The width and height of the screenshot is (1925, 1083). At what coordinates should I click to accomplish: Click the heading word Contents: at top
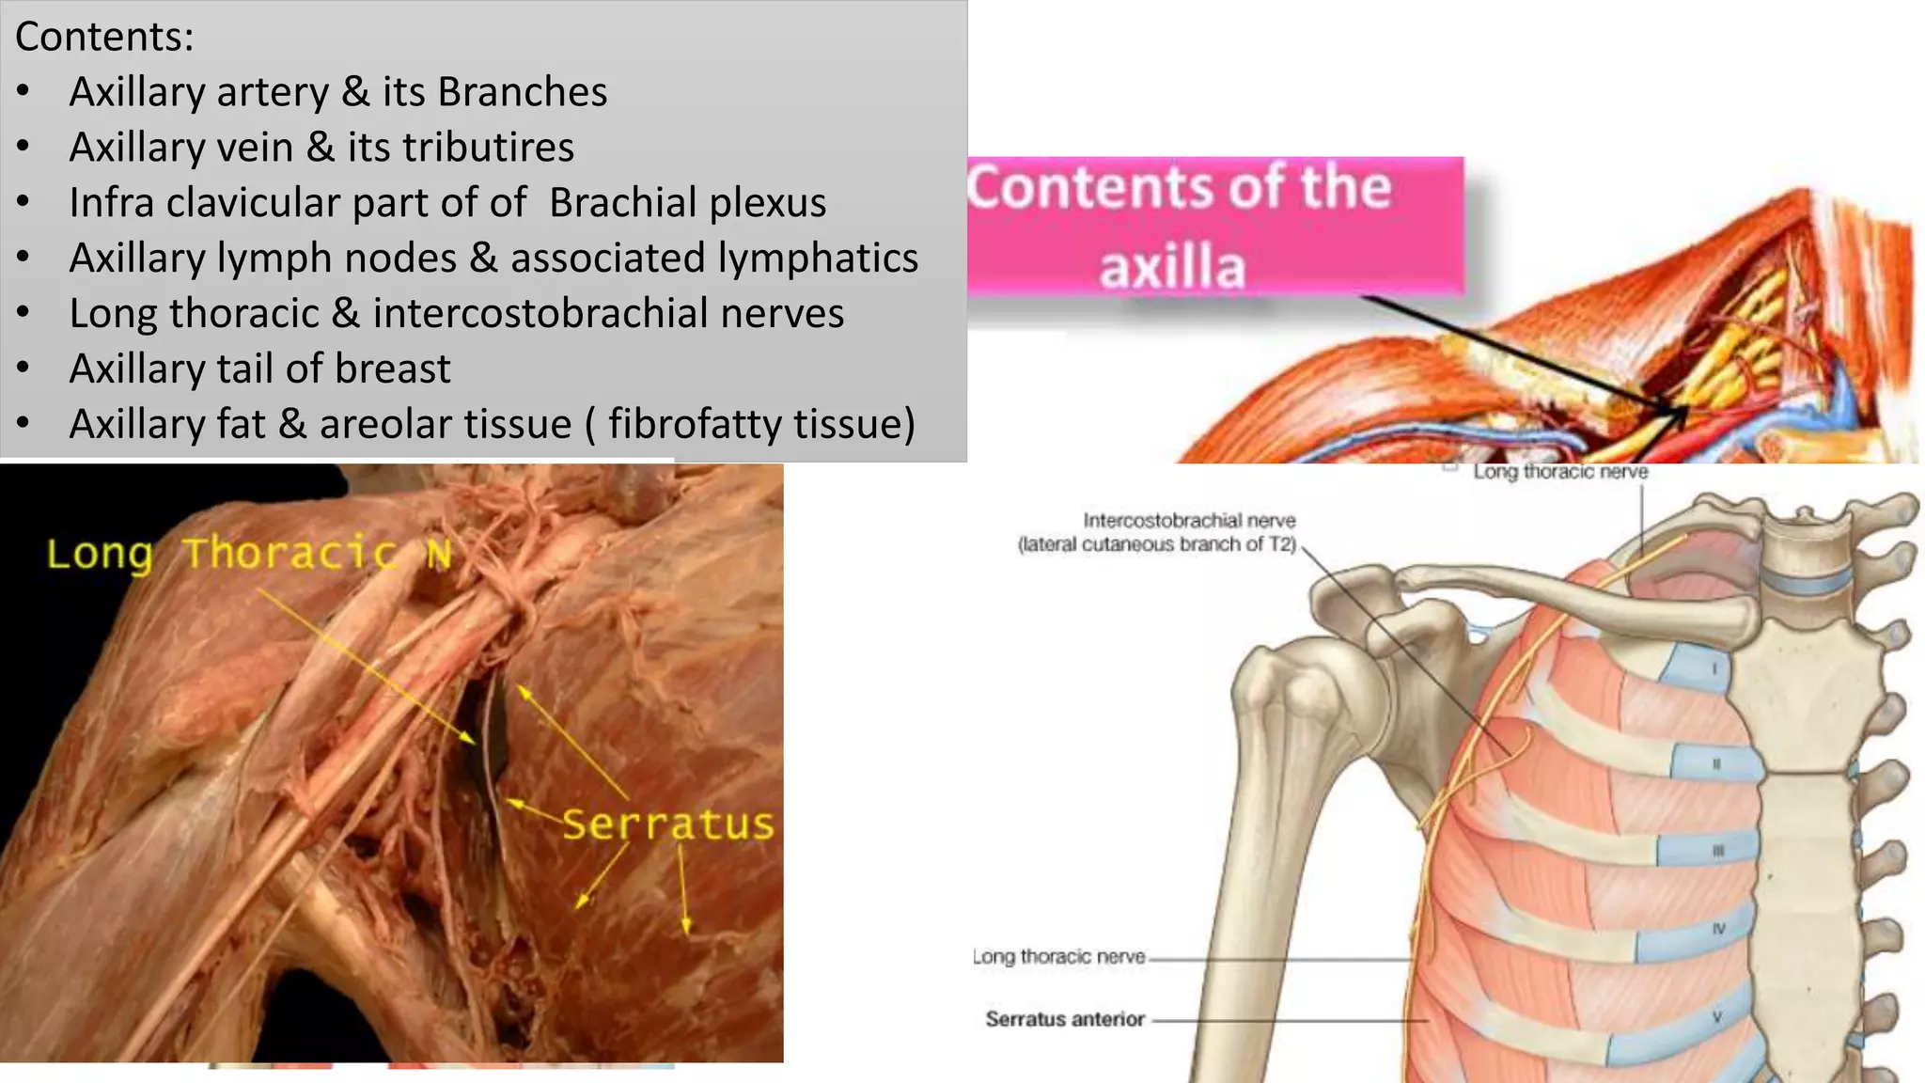104,38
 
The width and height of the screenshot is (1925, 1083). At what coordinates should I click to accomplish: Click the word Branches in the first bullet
522,92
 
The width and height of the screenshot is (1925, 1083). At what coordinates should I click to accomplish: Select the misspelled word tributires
488,148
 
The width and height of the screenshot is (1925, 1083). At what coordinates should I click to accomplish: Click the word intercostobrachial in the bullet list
540,313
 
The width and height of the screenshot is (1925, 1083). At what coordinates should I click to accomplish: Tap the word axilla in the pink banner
1172,267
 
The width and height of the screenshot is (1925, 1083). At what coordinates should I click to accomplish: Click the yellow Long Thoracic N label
249,554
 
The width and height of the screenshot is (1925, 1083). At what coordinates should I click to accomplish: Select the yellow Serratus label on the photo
668,824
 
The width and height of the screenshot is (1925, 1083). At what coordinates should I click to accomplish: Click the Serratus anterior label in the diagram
1064,1019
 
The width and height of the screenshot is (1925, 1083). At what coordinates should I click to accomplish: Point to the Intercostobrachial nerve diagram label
1189,520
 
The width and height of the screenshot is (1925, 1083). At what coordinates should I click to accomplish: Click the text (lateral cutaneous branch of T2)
1156,544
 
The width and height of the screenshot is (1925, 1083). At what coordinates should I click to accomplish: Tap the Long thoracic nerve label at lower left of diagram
1058,957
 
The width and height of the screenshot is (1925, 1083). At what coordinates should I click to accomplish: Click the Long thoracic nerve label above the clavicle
1560,472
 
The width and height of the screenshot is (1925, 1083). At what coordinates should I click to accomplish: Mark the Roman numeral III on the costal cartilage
1718,851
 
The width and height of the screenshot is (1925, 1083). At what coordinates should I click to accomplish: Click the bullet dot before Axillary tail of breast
23,369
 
